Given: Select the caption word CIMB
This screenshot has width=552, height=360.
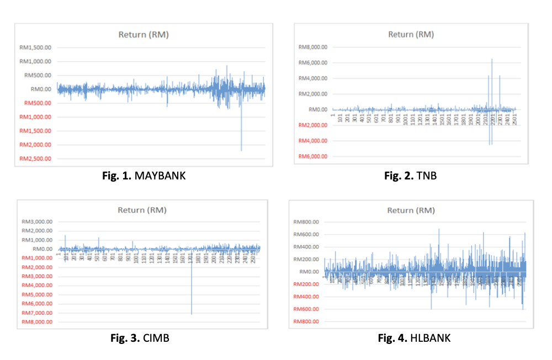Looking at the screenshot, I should pos(157,337).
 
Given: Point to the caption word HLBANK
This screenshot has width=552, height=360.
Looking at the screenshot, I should pos(431,337).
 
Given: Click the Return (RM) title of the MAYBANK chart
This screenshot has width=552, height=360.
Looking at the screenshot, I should pos(144,35).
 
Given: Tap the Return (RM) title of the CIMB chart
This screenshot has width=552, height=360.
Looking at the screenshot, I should pos(142,210).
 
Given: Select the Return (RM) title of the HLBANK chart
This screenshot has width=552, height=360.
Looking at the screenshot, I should pos(410,210).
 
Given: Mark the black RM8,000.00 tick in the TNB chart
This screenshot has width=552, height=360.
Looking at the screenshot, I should pos(312,47).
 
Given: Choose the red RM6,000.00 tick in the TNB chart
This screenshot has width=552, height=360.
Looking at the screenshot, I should pos(312,156).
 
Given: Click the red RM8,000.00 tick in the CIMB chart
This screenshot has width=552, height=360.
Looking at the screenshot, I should pos(36,322).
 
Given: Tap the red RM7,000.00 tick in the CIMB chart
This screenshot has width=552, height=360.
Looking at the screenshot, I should pos(36,313).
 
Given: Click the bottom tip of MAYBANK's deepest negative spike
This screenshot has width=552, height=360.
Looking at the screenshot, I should pos(241,150).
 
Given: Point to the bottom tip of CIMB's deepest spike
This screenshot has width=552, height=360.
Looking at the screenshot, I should pos(192,314).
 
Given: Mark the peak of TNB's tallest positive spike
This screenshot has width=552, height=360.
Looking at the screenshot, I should pos(492,59).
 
